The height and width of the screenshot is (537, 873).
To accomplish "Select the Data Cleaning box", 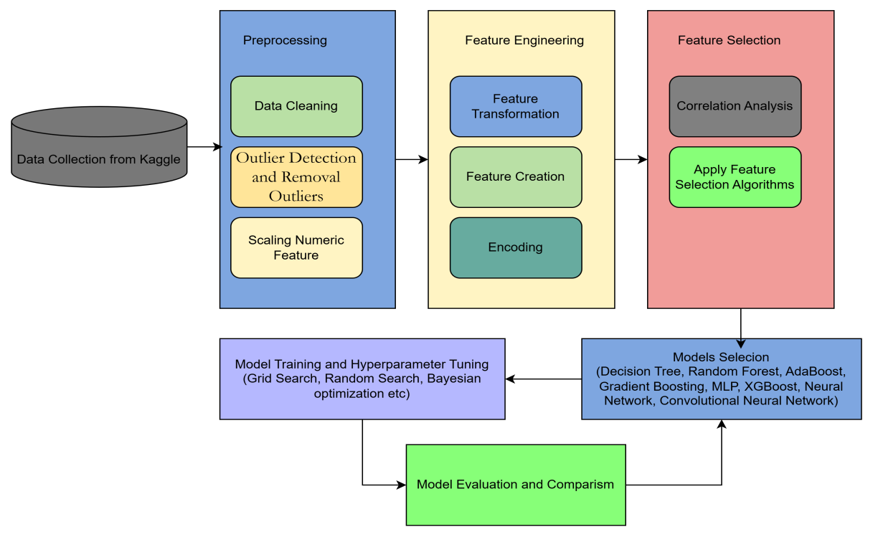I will click(x=296, y=106).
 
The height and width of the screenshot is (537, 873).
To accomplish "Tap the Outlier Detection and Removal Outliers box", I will click(x=296, y=177).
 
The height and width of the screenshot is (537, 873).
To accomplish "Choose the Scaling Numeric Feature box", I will click(x=296, y=247).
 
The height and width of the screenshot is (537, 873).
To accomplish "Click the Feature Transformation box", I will click(x=516, y=106).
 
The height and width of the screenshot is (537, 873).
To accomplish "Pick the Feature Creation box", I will click(x=516, y=177).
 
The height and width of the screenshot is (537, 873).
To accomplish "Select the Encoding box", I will click(x=516, y=247).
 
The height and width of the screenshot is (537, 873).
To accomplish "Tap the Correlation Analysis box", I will click(x=735, y=106).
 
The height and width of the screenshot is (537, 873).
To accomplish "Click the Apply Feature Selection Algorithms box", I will click(x=735, y=177).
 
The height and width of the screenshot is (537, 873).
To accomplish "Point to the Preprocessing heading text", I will click(x=285, y=41).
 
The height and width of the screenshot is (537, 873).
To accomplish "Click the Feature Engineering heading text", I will click(x=524, y=41).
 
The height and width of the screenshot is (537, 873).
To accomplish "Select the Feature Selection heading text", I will click(x=729, y=41).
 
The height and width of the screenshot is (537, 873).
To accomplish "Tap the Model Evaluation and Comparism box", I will click(x=516, y=485).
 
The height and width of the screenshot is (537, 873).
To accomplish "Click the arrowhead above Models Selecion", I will click(x=741, y=344).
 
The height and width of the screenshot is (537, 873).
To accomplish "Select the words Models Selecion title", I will click(x=721, y=357).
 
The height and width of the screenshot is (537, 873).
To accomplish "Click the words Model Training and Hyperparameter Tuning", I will click(x=362, y=364).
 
